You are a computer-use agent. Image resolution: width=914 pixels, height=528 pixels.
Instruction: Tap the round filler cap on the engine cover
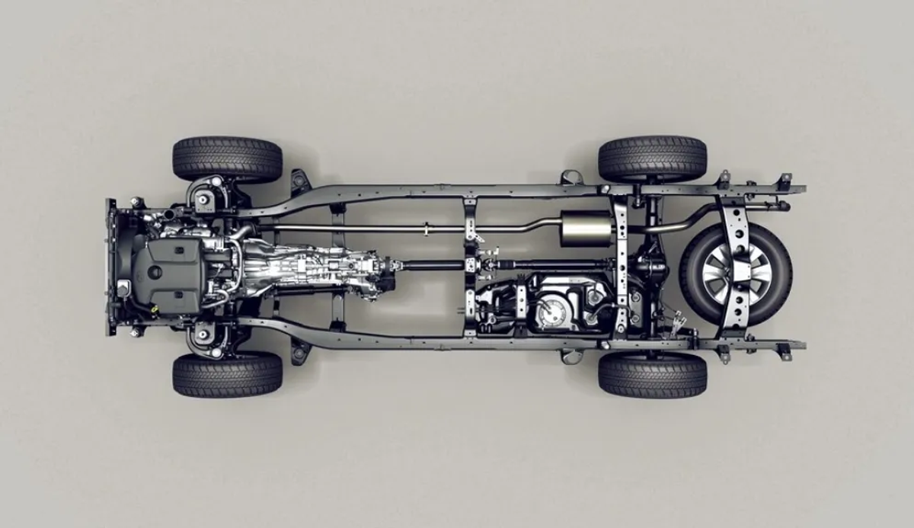coord(155,271)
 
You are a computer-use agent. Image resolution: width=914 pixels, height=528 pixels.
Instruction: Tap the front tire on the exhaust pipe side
coord(227,158)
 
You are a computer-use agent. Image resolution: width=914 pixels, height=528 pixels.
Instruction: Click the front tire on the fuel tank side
coord(227,374)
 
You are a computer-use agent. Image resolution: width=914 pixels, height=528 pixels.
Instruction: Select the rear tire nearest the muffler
coord(652,158)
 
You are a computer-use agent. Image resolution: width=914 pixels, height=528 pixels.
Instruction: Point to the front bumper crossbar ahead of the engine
coord(111,267)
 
